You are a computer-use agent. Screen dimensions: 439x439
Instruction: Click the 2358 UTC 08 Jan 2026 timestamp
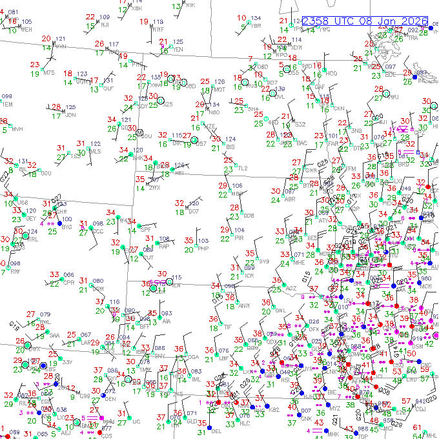tap(365, 21)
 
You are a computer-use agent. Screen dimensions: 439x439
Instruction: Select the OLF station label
tap(108, 88)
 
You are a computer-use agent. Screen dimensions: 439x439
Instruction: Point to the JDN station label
tap(70, 115)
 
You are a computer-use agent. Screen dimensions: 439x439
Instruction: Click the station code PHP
tap(203, 249)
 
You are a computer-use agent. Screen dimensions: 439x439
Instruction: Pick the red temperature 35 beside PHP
tap(189, 241)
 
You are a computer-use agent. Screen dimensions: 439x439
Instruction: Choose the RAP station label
tap(165, 246)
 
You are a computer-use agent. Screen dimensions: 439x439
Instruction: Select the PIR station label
tap(239, 238)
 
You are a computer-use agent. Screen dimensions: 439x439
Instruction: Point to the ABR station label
tap(290, 199)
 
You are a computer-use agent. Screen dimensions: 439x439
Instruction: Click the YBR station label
tap(256, 26)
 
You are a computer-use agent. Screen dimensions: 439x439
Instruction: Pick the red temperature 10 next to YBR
tap(241, 18)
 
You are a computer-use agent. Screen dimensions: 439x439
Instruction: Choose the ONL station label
tap(280, 311)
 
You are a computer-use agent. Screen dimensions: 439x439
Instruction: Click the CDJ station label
tap(422, 408)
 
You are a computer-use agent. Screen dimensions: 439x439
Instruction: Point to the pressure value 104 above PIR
tap(240, 230)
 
